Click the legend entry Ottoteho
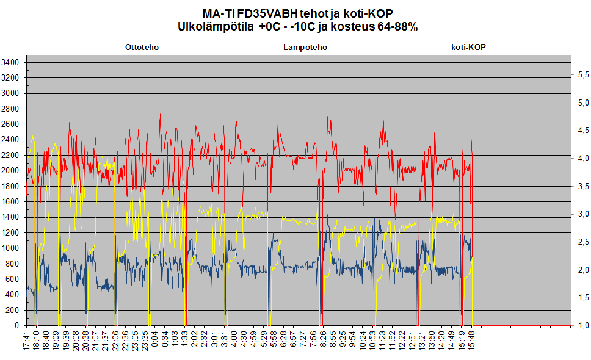pos(142,47)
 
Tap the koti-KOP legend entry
pos(468,47)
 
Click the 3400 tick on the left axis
pos(11,62)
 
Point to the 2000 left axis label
pos(11,171)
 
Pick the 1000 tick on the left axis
pos(11,248)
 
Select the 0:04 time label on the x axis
pos(155,340)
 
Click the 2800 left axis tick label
pos(11,109)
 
